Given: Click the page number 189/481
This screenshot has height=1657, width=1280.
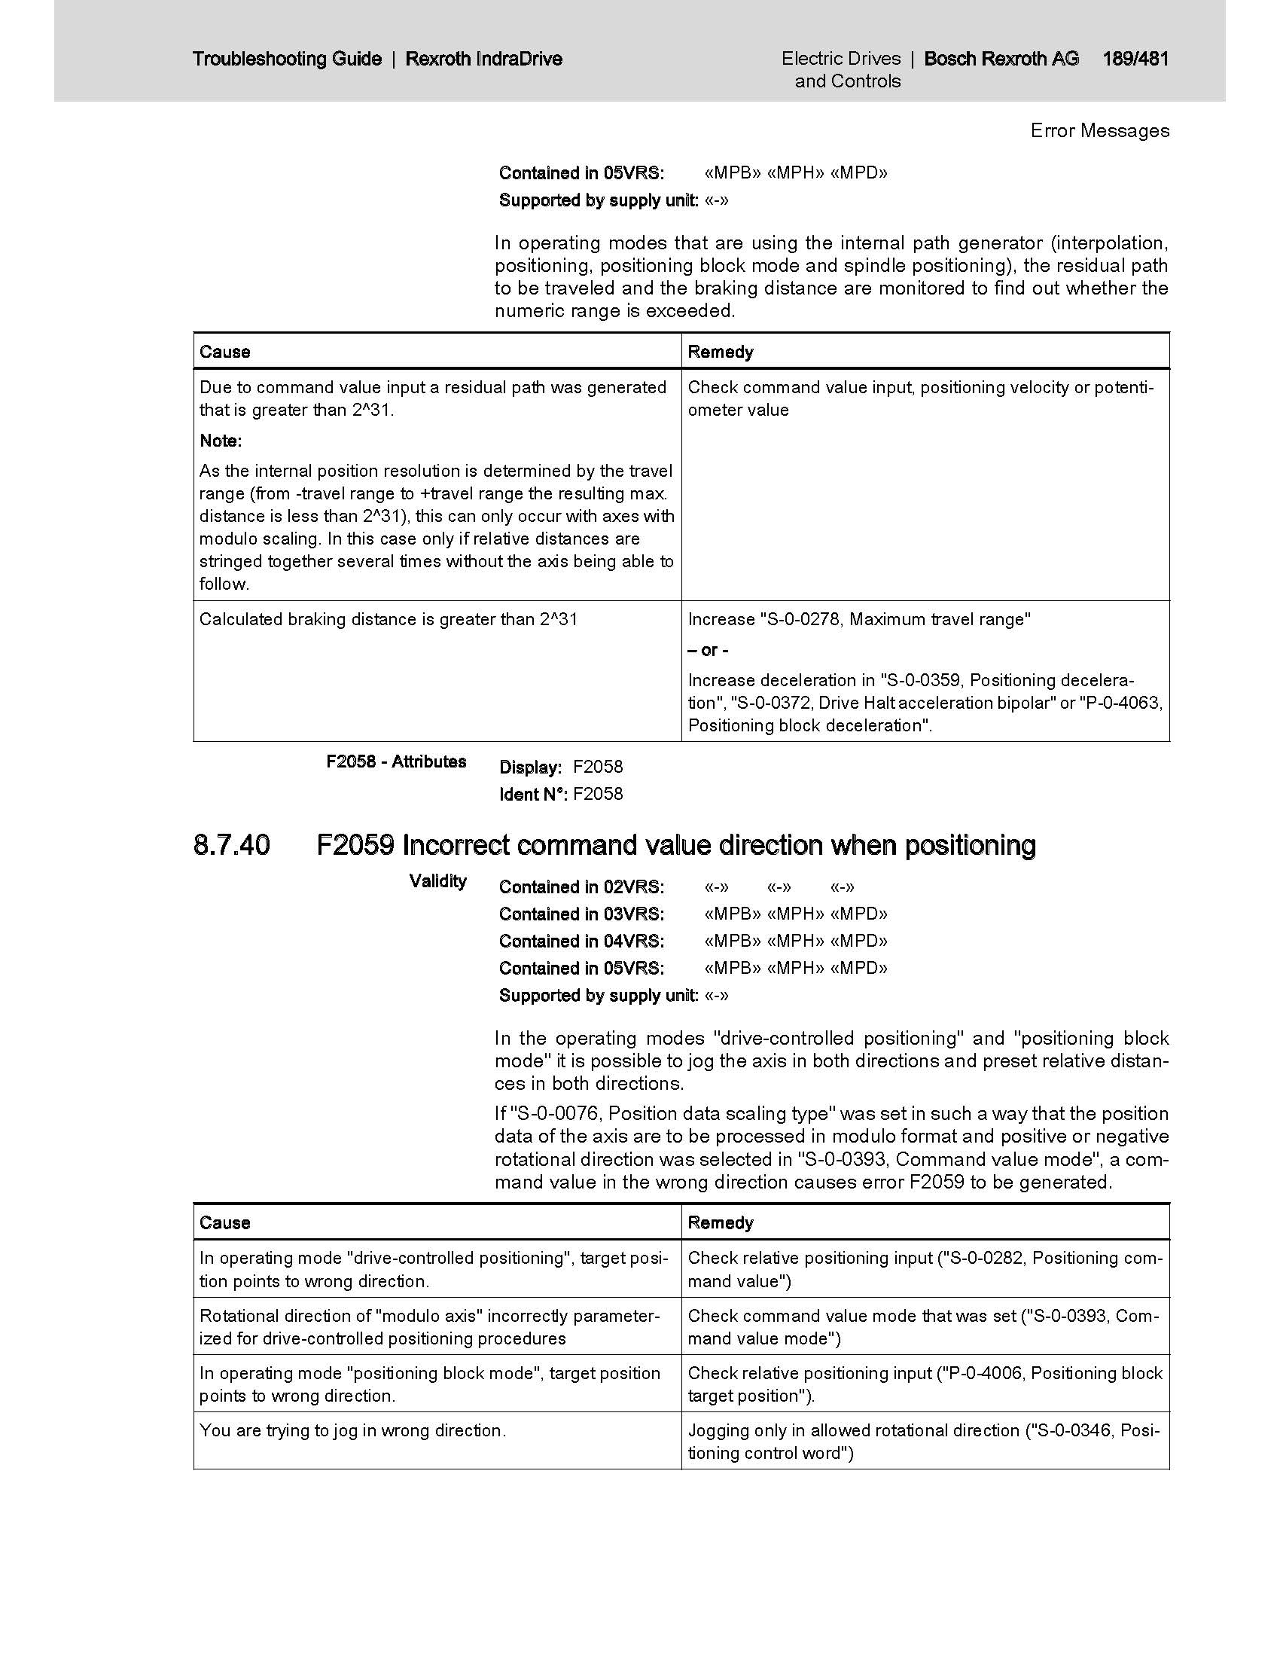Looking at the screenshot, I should [1135, 59].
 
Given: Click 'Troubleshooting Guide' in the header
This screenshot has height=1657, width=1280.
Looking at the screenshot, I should [287, 59].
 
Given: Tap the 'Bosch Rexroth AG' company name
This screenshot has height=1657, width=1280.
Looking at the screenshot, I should [1001, 59].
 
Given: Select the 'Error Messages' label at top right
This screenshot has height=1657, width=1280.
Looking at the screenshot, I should [1099, 130].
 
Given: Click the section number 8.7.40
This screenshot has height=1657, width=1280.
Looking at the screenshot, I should [231, 844].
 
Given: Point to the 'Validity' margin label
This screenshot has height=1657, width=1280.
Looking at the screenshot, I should [437, 881].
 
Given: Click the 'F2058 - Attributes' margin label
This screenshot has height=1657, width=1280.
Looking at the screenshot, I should [396, 761].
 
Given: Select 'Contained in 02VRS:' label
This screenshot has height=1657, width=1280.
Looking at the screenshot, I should [581, 887].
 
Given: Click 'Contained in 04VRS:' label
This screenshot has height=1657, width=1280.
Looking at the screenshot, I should [581, 941].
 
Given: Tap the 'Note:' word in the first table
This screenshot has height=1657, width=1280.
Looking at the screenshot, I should [221, 441].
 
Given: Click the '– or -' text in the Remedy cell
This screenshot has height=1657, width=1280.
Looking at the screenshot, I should [709, 650].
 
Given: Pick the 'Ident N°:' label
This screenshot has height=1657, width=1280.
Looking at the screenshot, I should [532, 794].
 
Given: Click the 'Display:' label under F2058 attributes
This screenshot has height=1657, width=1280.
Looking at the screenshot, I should [530, 767].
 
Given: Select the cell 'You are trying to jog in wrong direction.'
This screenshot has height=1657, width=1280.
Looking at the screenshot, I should [352, 1430].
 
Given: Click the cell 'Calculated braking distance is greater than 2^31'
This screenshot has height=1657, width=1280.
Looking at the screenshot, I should [389, 619].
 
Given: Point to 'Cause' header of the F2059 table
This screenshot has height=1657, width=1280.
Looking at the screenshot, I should [224, 1222].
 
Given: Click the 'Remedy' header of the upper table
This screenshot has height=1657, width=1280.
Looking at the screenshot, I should [721, 352].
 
